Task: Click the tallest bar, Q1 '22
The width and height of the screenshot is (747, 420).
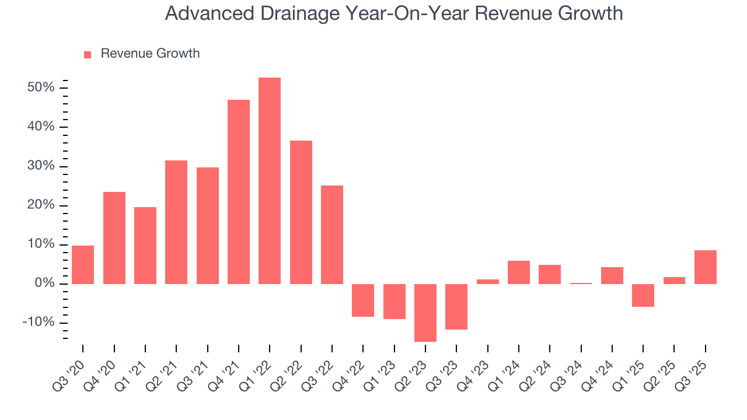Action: [x=270, y=181]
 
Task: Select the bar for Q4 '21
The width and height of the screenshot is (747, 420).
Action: [x=239, y=192]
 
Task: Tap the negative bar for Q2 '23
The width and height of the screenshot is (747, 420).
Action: [x=425, y=313]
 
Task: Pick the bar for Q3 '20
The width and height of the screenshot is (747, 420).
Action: [x=83, y=265]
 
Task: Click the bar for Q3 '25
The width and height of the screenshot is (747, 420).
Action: [x=706, y=267]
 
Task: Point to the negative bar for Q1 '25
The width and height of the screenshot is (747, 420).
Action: [x=643, y=295]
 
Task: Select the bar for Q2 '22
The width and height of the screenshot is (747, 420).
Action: [x=301, y=212]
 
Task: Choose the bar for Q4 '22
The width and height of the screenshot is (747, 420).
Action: [x=363, y=300]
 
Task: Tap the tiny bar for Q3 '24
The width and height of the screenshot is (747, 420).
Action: [x=581, y=283]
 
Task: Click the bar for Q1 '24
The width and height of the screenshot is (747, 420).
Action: [x=519, y=272]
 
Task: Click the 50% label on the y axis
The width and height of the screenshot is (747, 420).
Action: [x=40, y=87]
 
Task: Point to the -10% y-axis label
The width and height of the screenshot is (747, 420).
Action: [x=38, y=323]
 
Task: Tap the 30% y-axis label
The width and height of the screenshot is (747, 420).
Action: [x=40, y=166]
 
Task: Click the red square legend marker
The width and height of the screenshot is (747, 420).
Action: [x=88, y=54]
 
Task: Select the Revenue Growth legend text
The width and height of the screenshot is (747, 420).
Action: [x=150, y=54]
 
